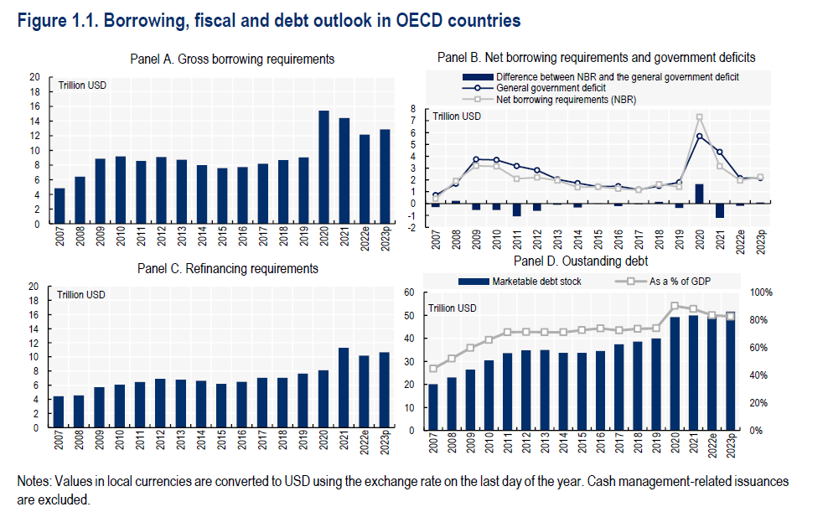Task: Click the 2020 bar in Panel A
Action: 323,168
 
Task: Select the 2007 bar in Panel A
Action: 60,206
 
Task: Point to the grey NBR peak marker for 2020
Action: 699,117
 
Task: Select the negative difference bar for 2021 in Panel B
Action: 719,210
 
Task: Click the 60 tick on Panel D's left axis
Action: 411,292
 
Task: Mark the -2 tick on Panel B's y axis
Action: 412,227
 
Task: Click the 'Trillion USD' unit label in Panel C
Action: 82,294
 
